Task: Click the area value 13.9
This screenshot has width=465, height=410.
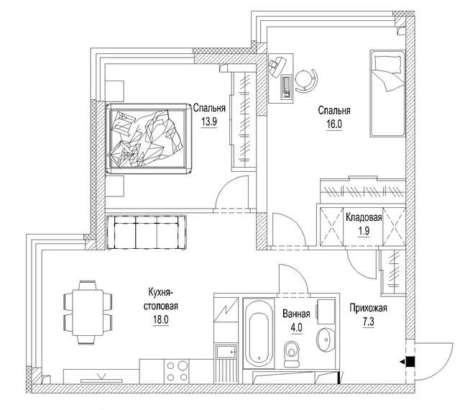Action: pyautogui.click(x=209, y=122)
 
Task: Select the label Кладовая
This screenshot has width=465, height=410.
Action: pyautogui.click(x=363, y=217)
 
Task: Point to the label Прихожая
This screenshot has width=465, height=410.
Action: pyautogui.click(x=368, y=309)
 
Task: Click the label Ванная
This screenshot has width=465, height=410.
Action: pyautogui.click(x=296, y=314)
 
